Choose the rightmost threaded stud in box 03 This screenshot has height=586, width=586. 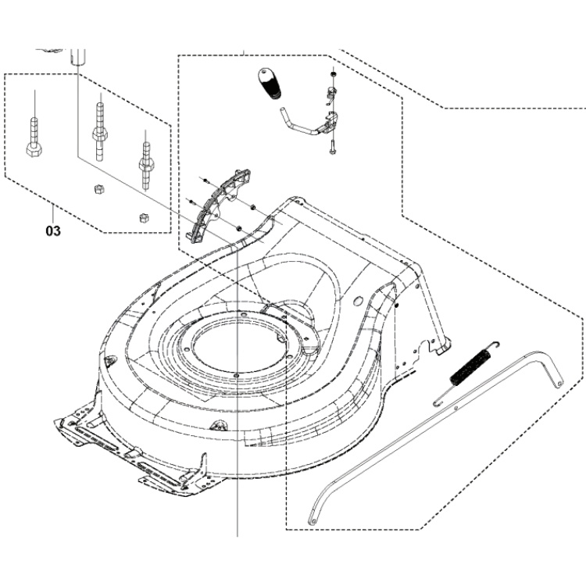(145, 156)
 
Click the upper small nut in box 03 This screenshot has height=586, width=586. (99, 188)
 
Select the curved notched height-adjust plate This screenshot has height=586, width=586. (214, 202)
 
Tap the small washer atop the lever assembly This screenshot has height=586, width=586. (334, 74)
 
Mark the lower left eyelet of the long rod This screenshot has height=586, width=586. (313, 519)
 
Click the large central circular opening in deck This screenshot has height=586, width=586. (234, 344)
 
